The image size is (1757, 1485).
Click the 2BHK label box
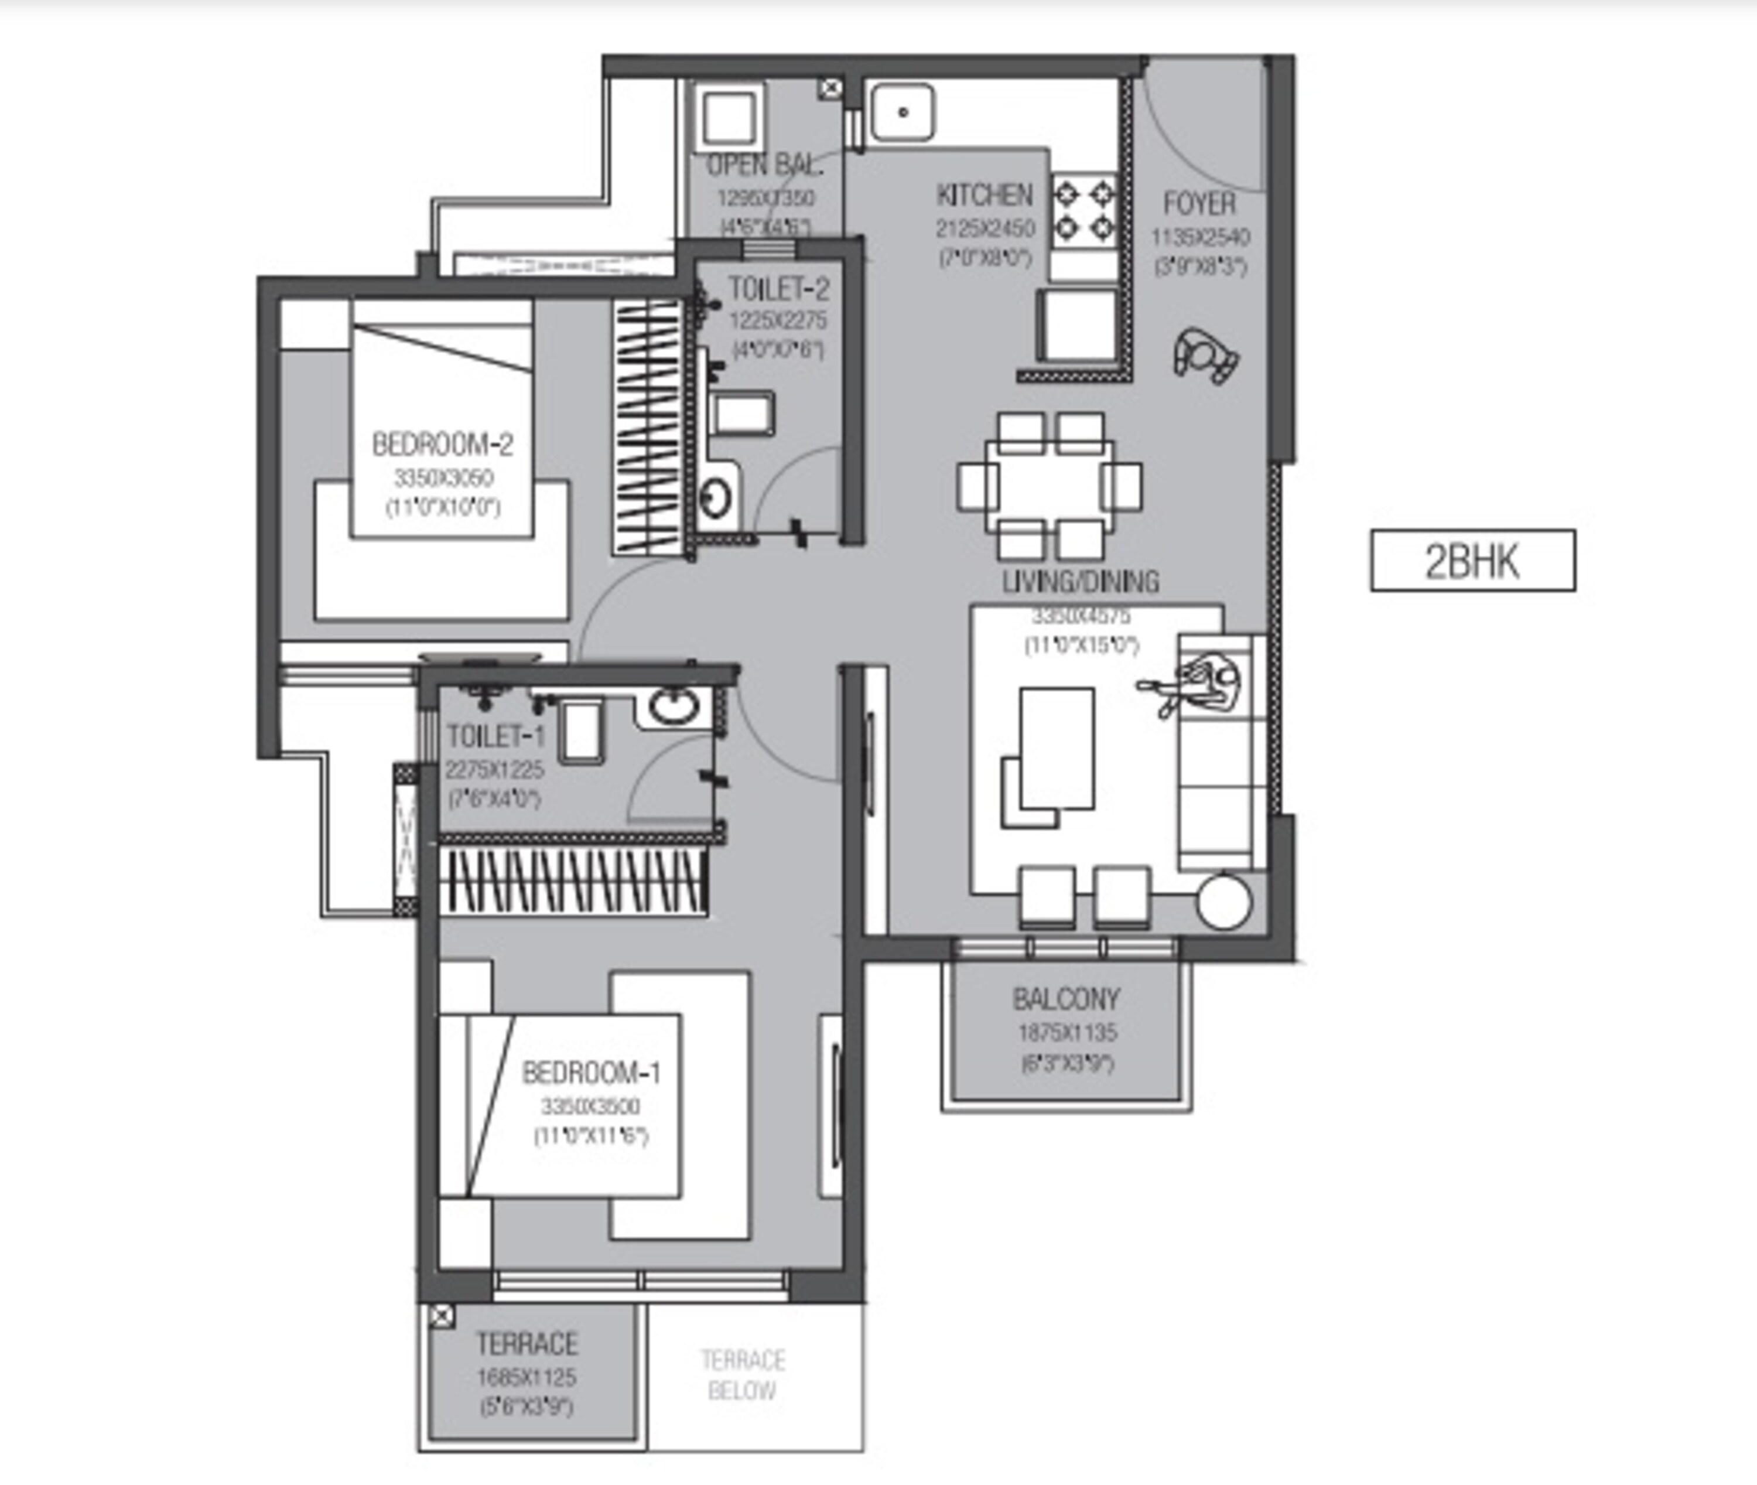(x=1472, y=561)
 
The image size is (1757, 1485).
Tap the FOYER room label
(x=1199, y=204)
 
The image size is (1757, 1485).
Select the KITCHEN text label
(x=985, y=195)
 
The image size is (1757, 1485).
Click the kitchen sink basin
(x=902, y=112)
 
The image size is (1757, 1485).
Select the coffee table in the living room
(x=1057, y=747)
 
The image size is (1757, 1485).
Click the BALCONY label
(x=1066, y=999)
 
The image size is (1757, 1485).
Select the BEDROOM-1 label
(x=591, y=1073)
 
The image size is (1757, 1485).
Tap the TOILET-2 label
(x=778, y=289)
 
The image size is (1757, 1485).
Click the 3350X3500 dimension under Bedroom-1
(x=591, y=1106)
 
